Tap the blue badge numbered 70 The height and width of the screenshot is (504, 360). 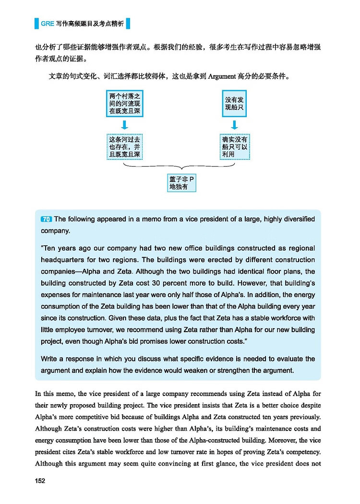coord(47,219)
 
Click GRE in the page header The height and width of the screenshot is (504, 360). coord(47,23)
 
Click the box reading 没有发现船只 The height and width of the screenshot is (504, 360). coord(234,104)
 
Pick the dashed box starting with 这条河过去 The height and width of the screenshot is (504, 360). coord(124,147)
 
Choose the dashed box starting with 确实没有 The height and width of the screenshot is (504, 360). coord(234,147)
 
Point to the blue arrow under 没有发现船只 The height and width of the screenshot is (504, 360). coord(234,125)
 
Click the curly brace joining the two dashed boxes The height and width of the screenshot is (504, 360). coord(180,167)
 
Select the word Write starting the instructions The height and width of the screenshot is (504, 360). coord(51,359)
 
